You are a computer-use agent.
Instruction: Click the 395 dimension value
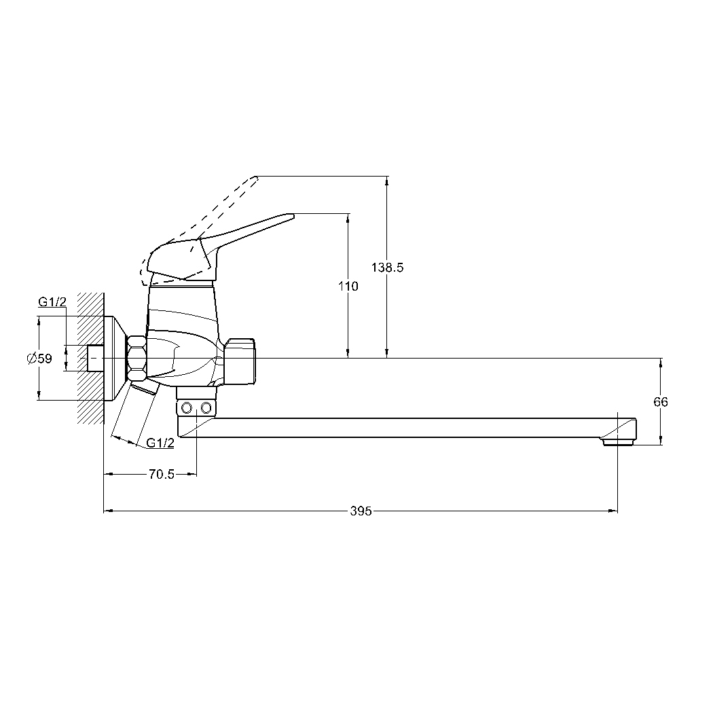point(361,511)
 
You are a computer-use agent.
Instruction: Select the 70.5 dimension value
point(162,474)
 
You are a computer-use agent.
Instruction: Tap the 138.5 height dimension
point(388,268)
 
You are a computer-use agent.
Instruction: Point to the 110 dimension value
point(348,286)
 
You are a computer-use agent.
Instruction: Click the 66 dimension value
point(660,402)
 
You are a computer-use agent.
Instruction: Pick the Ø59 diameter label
point(39,359)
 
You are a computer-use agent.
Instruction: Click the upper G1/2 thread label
point(52,301)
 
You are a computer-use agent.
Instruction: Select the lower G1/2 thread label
point(160,443)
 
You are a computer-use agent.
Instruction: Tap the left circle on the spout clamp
point(187,407)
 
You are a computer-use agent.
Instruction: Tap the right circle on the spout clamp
point(206,407)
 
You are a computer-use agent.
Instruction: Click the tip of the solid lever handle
point(294,215)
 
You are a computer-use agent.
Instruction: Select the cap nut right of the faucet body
point(240,361)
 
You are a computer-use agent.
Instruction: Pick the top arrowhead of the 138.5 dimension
point(387,181)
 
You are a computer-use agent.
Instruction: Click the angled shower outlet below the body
point(135,412)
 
